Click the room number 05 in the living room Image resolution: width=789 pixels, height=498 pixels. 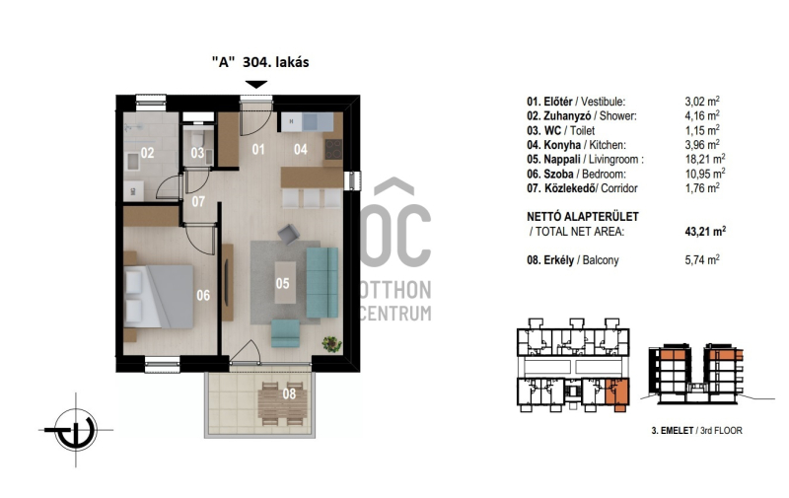(282, 283)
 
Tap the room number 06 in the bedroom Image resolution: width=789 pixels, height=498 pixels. (203, 295)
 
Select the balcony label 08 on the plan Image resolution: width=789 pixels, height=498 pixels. (289, 393)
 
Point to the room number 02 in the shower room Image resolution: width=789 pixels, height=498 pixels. (147, 153)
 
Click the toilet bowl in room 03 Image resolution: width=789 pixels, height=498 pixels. (198, 137)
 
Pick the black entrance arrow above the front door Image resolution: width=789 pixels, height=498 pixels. (256, 85)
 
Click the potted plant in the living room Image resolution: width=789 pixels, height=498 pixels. (332, 344)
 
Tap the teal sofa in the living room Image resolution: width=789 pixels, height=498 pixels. (323, 282)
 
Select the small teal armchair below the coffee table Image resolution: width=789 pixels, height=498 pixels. (285, 333)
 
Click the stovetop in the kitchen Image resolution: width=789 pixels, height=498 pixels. (333, 150)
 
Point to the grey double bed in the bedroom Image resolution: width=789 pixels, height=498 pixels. (159, 296)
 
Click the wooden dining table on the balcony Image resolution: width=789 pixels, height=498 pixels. (282, 404)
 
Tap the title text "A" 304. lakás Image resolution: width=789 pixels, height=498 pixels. (260, 62)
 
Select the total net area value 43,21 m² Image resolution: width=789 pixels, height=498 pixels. (705, 232)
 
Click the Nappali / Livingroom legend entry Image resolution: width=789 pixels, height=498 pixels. (585, 160)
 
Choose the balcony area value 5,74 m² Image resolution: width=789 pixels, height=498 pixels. (702, 260)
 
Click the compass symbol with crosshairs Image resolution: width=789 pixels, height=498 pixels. (76, 430)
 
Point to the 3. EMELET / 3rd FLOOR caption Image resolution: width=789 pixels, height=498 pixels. (696, 431)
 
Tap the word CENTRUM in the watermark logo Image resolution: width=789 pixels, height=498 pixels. (396, 313)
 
